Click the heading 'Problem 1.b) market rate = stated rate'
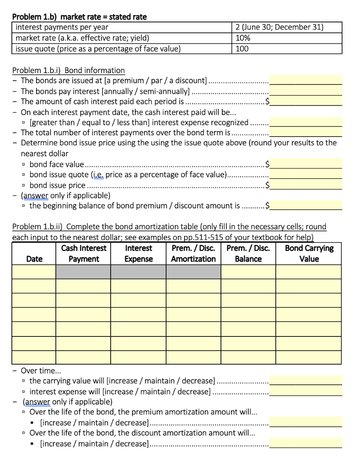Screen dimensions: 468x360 pyautogui.click(x=79, y=17)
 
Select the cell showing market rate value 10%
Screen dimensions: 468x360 pyautogui.click(x=287, y=38)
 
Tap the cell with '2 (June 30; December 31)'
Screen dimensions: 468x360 pyautogui.click(x=287, y=27)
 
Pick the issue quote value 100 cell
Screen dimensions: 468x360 pyautogui.click(x=287, y=48)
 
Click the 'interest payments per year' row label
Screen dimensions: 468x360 pyautogui.click(x=62, y=27)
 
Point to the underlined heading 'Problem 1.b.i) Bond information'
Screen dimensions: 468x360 pyautogui.click(x=68, y=70)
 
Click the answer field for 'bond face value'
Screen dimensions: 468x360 pyautogui.click(x=306, y=164)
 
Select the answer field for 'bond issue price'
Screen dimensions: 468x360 pyautogui.click(x=306, y=185)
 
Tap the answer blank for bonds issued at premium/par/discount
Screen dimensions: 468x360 pyautogui.click(x=306, y=80)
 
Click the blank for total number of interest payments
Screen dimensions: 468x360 pyautogui.click(x=306, y=133)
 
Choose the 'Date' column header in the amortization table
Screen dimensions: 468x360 pyautogui.click(x=34, y=259)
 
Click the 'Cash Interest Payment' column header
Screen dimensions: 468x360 pyautogui.click(x=83, y=254)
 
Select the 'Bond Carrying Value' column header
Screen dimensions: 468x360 pyautogui.click(x=309, y=254)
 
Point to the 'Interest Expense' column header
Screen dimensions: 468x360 pyautogui.click(x=138, y=254)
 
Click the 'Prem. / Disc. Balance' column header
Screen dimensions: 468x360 pyautogui.click(x=248, y=254)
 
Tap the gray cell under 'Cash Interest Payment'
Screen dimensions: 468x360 pyautogui.click(x=83, y=272)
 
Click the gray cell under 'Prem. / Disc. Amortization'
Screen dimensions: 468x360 pyautogui.click(x=193, y=272)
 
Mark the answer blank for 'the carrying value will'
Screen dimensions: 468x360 pyautogui.click(x=306, y=380)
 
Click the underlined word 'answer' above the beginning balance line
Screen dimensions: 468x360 pyautogui.click(x=36, y=196)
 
